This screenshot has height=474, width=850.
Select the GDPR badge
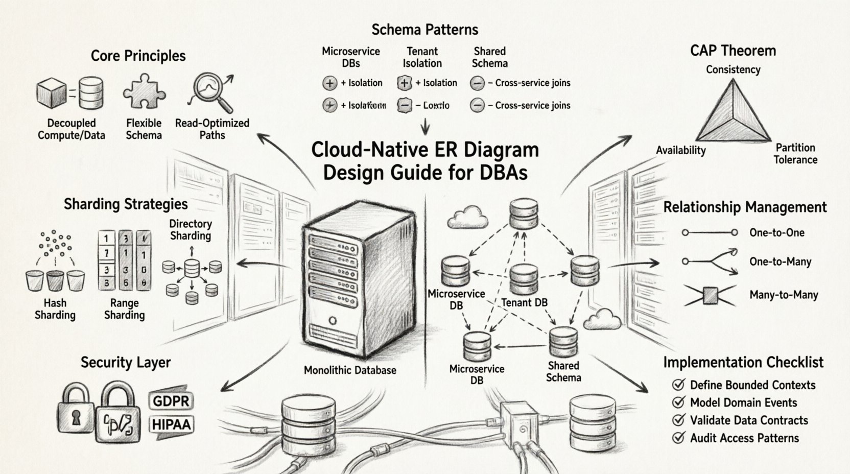point(171,401)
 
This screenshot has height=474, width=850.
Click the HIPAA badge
point(171,424)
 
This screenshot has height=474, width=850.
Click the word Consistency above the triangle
point(733,69)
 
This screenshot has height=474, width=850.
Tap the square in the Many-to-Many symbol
point(710,295)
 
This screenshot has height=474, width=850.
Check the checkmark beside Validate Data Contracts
point(678,420)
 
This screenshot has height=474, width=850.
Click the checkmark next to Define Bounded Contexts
point(678,385)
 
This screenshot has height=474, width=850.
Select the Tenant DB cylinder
point(524,279)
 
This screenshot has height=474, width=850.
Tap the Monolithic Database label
point(350,370)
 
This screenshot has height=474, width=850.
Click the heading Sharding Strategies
point(126,204)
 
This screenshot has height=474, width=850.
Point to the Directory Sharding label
point(191,230)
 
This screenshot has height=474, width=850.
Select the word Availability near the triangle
point(680,150)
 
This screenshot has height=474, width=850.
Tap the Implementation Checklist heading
point(743,363)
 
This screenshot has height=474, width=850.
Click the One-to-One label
point(776,233)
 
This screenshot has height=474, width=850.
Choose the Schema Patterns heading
point(424,30)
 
